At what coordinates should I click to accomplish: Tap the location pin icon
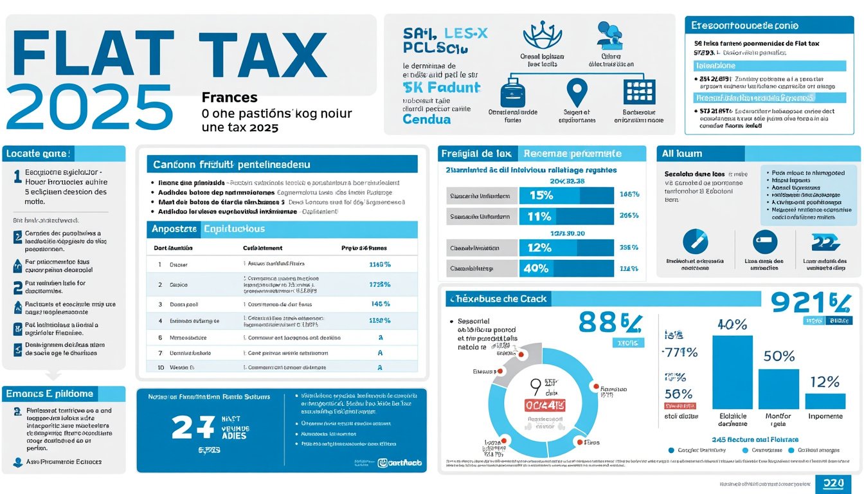pos(577,91)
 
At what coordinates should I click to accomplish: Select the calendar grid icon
pos(639,91)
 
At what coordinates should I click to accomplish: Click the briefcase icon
pos(513,91)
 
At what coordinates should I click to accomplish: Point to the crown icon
pos(542,35)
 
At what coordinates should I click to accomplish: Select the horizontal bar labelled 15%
pos(566,196)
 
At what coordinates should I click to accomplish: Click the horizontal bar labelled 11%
pos(566,217)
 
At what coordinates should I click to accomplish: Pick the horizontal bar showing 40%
pos(566,268)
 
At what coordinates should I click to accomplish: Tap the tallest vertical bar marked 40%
pos(732,372)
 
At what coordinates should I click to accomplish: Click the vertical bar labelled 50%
pos(779,389)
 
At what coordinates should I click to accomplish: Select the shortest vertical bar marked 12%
pos(825,401)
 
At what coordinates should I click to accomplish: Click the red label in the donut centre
pos(545,405)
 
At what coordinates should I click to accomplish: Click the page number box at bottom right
pos(833,484)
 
